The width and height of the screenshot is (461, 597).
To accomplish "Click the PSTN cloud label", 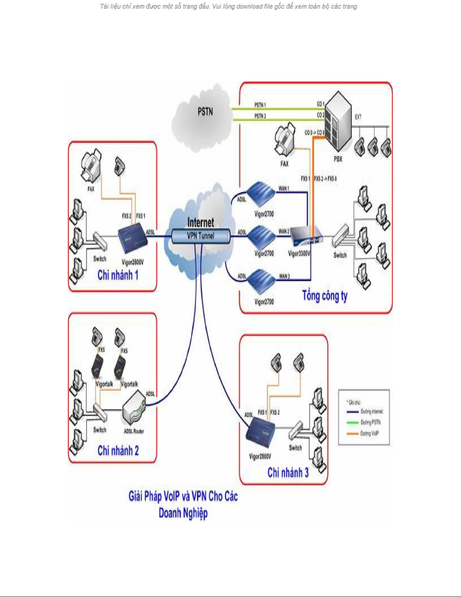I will [x=205, y=111].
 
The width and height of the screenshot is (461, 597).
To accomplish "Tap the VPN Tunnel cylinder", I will [x=201, y=236].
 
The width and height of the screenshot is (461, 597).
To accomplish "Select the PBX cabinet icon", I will [x=338, y=121].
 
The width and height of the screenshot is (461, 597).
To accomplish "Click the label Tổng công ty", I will [x=325, y=296].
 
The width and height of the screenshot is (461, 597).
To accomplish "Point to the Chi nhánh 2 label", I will [x=118, y=450].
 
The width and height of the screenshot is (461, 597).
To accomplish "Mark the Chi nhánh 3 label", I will [x=288, y=472].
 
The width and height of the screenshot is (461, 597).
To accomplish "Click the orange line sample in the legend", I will [x=352, y=434].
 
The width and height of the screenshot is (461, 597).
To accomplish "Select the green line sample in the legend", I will [x=352, y=423].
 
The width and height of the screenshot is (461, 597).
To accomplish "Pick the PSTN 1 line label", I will [x=260, y=105].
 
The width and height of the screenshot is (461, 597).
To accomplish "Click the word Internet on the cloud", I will [x=201, y=222].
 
